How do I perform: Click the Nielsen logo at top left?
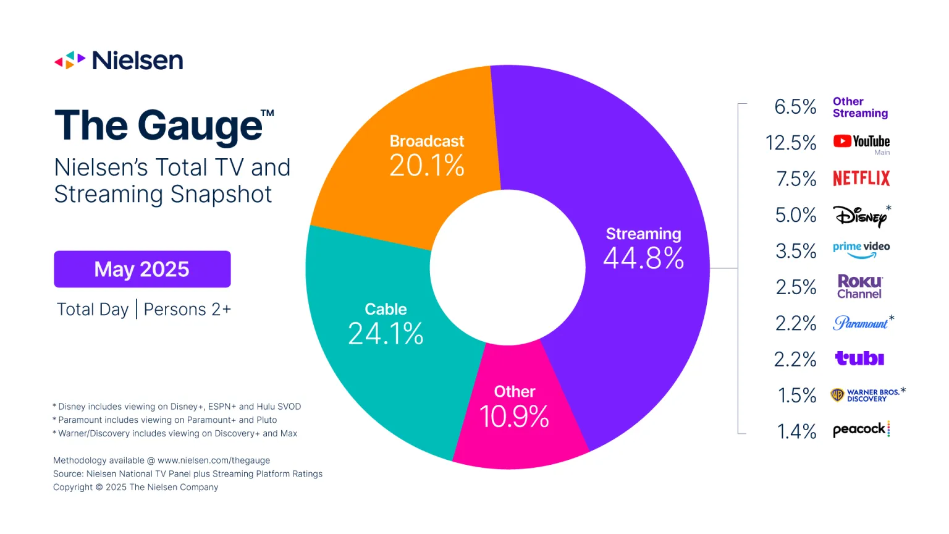point(119,61)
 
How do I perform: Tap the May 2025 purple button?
point(142,269)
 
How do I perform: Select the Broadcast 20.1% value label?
point(426,166)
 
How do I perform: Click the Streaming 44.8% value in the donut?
point(643,258)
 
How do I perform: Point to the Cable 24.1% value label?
point(386,334)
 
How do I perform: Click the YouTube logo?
point(861,142)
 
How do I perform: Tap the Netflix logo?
point(861,179)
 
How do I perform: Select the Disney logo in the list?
point(860,216)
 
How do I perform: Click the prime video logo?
point(861,249)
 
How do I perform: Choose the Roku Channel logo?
point(859,287)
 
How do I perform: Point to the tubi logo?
point(859,358)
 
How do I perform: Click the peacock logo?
point(861,430)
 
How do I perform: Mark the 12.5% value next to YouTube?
point(791,143)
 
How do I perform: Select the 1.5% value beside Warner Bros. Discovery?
point(796,396)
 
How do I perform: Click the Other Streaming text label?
point(860,108)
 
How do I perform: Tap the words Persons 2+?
point(187,310)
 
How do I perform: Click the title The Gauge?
point(159,126)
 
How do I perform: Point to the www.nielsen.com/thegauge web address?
point(214,460)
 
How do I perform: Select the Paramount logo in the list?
point(860,323)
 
